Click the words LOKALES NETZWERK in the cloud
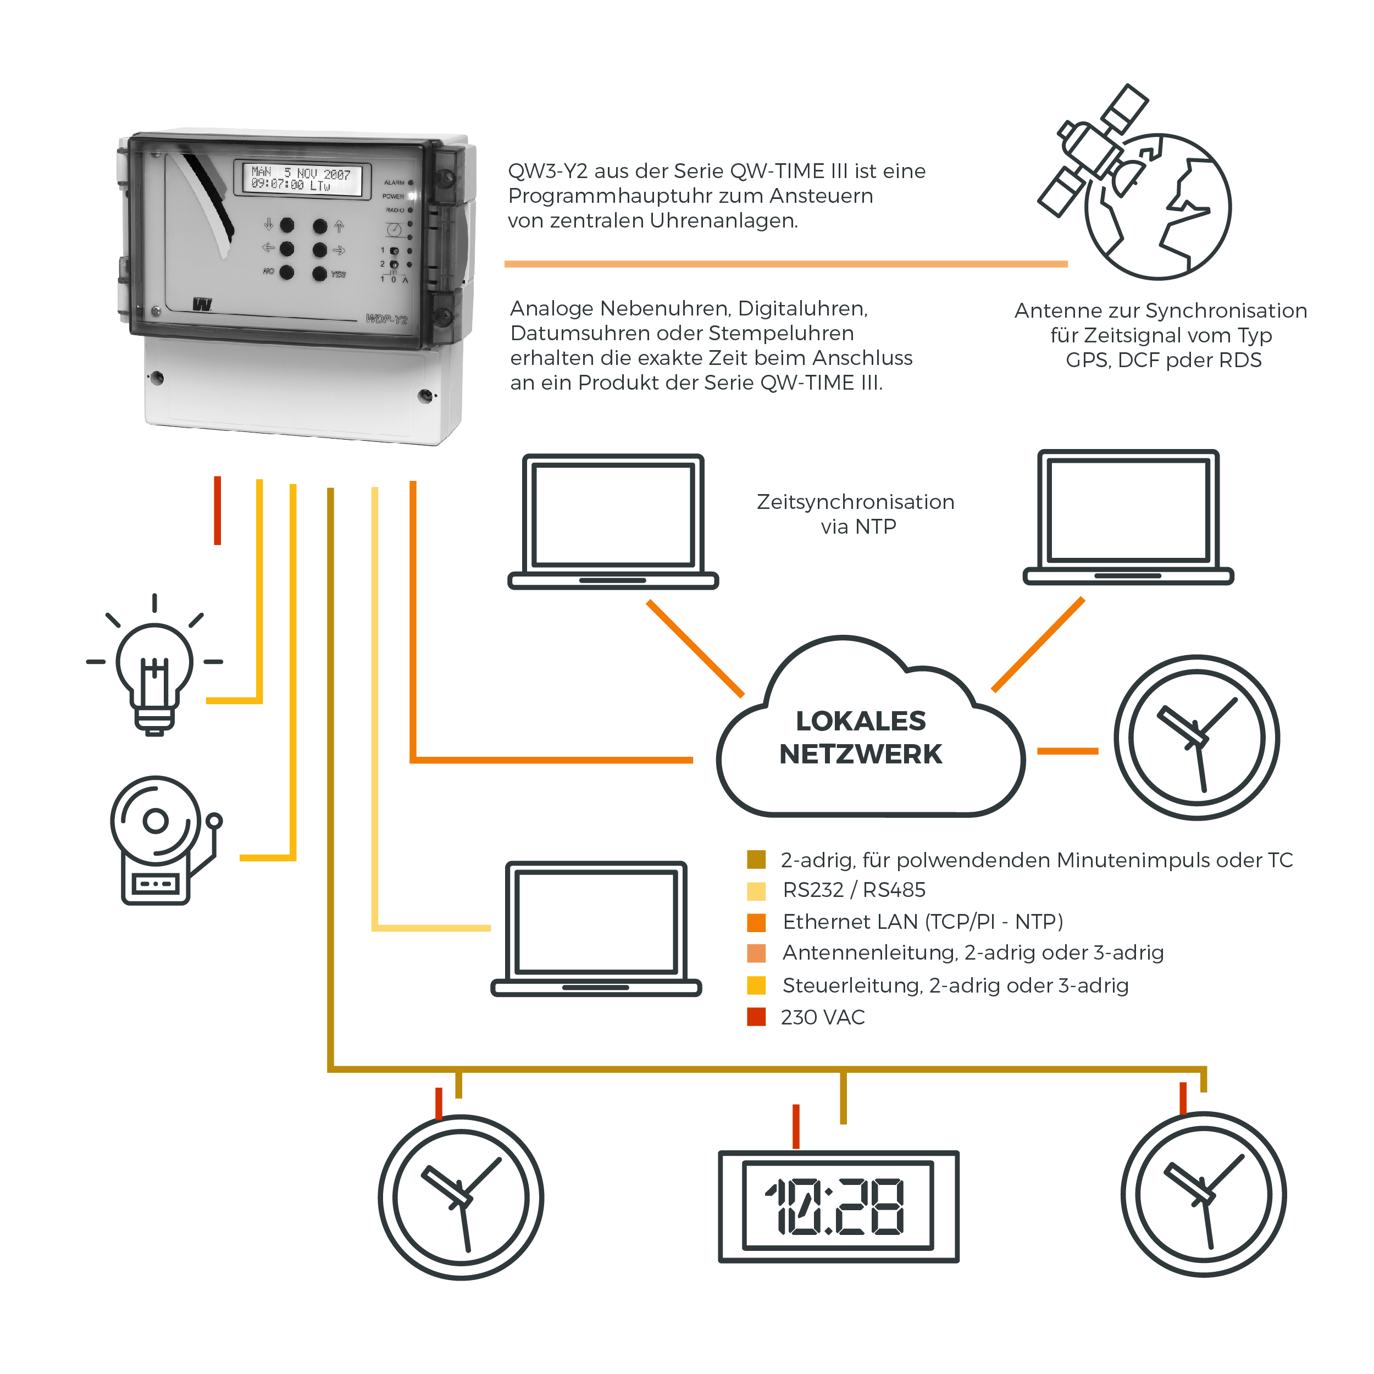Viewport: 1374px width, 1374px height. (861, 738)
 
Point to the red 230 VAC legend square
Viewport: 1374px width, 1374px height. (756, 1017)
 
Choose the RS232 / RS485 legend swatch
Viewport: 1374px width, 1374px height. (756, 891)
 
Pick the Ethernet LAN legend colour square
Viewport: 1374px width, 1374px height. (756, 922)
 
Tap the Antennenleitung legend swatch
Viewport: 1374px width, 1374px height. (756, 953)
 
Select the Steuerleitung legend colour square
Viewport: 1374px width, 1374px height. (756, 985)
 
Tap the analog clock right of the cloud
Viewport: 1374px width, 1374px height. (1196, 738)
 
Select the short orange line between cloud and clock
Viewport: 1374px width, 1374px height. (1067, 751)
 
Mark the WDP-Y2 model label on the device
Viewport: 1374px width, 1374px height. (386, 319)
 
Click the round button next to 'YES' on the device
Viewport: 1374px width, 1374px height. (319, 273)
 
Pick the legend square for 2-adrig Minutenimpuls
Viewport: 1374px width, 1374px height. (756, 860)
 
